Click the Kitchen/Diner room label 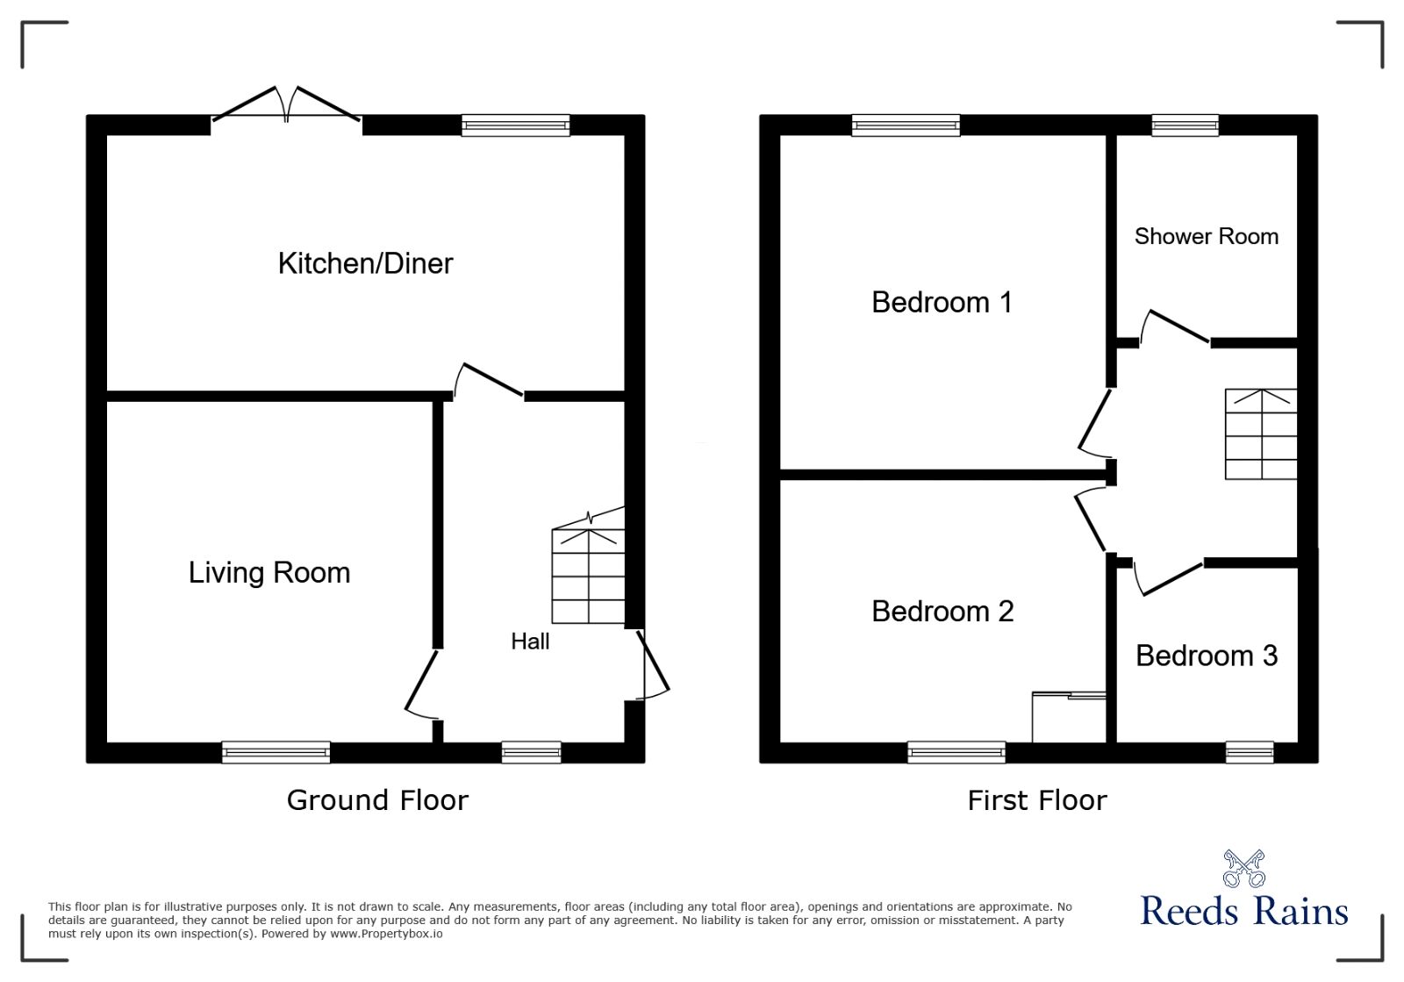pos(365,263)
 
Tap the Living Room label pos(269,573)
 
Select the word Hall pos(530,642)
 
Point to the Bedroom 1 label pos(942,303)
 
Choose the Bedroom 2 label pos(942,612)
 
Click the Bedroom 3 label pos(1207,656)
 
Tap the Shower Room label pos(1206,237)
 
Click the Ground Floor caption pos(377,800)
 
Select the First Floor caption pos(1037,800)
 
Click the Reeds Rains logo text pos(1244,911)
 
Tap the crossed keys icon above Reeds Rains pos(1244,868)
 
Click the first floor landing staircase pos(1261,434)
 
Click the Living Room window pos(276,752)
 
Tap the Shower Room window pos(1185,125)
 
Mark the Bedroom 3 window pos(1249,752)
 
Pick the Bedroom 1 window pos(906,125)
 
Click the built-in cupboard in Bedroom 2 pos(1069,717)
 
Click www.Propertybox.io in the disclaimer pos(386,935)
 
